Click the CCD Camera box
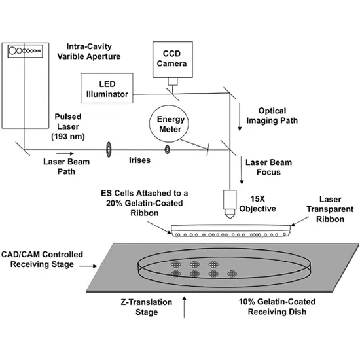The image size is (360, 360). point(173,59)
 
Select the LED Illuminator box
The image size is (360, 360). point(107,88)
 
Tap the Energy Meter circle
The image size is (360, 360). point(169,124)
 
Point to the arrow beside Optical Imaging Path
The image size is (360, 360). point(240,117)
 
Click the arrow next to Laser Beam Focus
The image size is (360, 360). point(242,170)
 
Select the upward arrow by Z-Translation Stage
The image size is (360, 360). point(184,307)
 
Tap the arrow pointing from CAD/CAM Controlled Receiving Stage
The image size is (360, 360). point(88,266)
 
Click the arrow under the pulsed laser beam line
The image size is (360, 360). point(65,154)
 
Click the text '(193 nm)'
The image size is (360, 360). point(68,137)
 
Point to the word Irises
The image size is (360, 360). point(139,160)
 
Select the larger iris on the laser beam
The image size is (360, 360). point(109,150)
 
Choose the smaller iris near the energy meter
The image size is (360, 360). point(167,150)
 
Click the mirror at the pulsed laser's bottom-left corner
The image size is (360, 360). point(23,149)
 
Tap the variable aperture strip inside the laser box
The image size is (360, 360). point(26,51)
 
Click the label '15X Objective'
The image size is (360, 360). point(258,204)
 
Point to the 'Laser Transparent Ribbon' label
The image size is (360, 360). point(330,209)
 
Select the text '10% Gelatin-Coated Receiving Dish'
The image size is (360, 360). point(277,307)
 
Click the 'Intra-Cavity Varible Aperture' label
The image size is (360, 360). point(89,52)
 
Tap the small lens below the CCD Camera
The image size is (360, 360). point(173,81)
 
